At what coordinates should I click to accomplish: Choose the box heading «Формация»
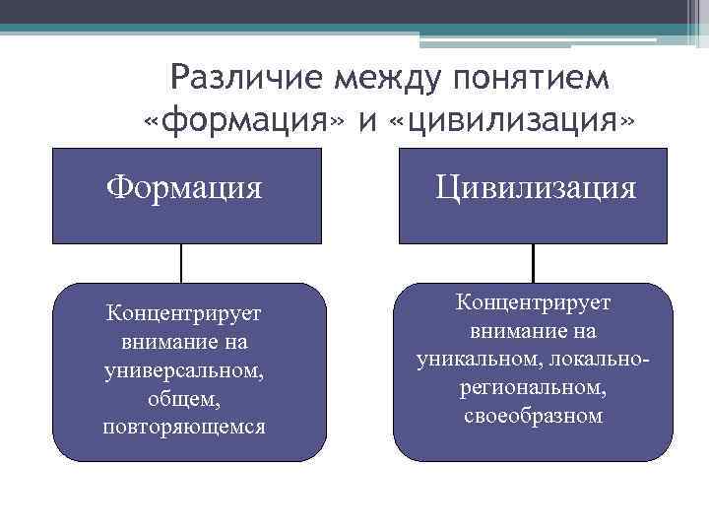185,185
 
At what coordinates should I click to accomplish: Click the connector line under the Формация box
182,263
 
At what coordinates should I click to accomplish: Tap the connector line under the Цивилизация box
533,263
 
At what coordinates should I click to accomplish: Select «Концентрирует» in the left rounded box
184,314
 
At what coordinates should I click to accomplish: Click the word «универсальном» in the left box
183,371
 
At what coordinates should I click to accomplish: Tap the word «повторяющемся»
183,429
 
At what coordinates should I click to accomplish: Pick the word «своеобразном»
533,417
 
